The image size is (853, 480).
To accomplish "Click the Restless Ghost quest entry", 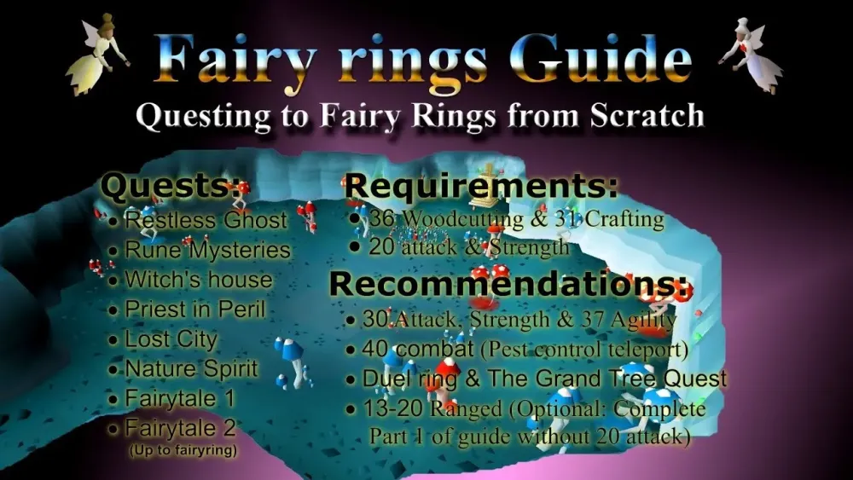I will pos(206,220).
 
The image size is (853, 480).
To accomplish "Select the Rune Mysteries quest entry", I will pos(207,250).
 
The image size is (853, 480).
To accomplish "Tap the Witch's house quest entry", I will pos(198,280).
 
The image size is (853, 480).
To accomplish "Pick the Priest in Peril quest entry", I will pos(194,309).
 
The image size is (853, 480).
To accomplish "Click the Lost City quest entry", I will pos(171,339).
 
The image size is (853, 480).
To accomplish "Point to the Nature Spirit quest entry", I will pos(191,369).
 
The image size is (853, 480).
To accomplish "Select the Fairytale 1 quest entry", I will pos(180,398).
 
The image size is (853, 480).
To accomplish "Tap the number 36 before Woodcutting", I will pos(381,219).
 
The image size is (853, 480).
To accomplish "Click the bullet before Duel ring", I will pos(351,379).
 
